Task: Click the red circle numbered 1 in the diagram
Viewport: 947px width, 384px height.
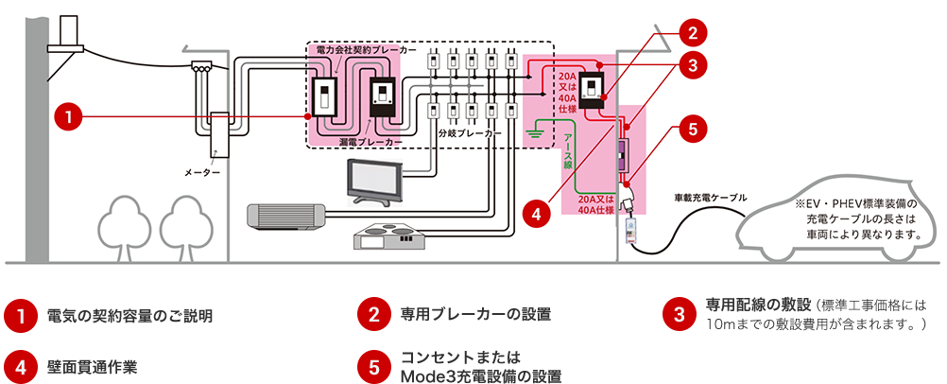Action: (x=71, y=116)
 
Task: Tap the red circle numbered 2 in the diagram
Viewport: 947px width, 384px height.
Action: (x=693, y=34)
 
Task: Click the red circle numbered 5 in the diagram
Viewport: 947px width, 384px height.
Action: (x=693, y=129)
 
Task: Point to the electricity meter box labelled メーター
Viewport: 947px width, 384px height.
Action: (x=218, y=134)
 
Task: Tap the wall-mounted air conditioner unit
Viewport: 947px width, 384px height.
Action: (x=286, y=217)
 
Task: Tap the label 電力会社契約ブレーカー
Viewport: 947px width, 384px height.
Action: (x=366, y=49)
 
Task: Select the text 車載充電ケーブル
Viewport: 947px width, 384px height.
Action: (x=711, y=197)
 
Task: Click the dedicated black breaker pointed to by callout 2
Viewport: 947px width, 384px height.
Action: (x=594, y=90)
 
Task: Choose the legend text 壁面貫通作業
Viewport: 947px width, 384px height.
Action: (x=93, y=367)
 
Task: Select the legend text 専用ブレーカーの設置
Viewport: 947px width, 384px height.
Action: (x=476, y=314)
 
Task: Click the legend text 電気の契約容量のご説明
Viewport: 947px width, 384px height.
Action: (x=129, y=316)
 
